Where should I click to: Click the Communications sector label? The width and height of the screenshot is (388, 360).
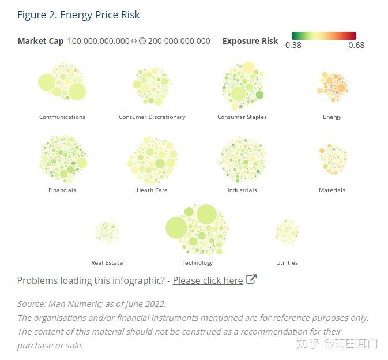(x=62, y=117)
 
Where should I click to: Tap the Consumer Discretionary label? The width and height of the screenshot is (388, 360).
(x=152, y=117)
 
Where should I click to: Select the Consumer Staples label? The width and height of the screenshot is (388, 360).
(x=242, y=117)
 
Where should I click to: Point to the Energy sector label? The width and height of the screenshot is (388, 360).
(x=332, y=117)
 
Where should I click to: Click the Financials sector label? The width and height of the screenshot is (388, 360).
(x=62, y=190)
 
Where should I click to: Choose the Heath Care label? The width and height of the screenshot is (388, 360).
(x=152, y=190)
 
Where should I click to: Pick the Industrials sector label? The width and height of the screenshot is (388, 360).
(x=242, y=190)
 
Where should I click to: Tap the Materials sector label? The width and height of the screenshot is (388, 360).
(x=332, y=190)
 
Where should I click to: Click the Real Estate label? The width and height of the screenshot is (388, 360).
(x=107, y=263)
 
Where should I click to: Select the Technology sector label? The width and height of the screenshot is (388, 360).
(x=197, y=263)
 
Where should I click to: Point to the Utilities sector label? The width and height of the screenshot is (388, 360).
(x=287, y=263)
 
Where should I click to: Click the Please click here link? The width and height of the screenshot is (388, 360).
(x=208, y=281)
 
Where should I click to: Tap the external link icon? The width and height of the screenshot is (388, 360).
(x=251, y=280)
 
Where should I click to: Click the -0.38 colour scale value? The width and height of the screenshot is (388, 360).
(x=292, y=45)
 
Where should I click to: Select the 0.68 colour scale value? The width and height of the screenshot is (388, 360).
(x=356, y=45)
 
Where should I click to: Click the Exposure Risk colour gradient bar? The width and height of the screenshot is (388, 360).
(x=324, y=36)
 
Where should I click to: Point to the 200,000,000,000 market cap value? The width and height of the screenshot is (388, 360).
(x=179, y=41)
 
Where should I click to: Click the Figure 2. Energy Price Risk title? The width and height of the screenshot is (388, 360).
(x=78, y=15)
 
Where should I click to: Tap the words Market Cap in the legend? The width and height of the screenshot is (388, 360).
(x=40, y=41)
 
